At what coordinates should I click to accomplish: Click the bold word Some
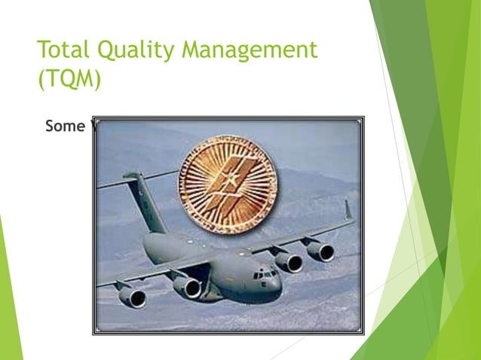(x=64, y=127)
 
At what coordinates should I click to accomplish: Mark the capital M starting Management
(x=198, y=51)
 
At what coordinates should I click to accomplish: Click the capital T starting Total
(x=44, y=51)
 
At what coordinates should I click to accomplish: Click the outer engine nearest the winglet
(x=320, y=251)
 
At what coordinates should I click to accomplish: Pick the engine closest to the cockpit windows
(x=288, y=261)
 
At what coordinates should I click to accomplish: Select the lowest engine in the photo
(x=133, y=296)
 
